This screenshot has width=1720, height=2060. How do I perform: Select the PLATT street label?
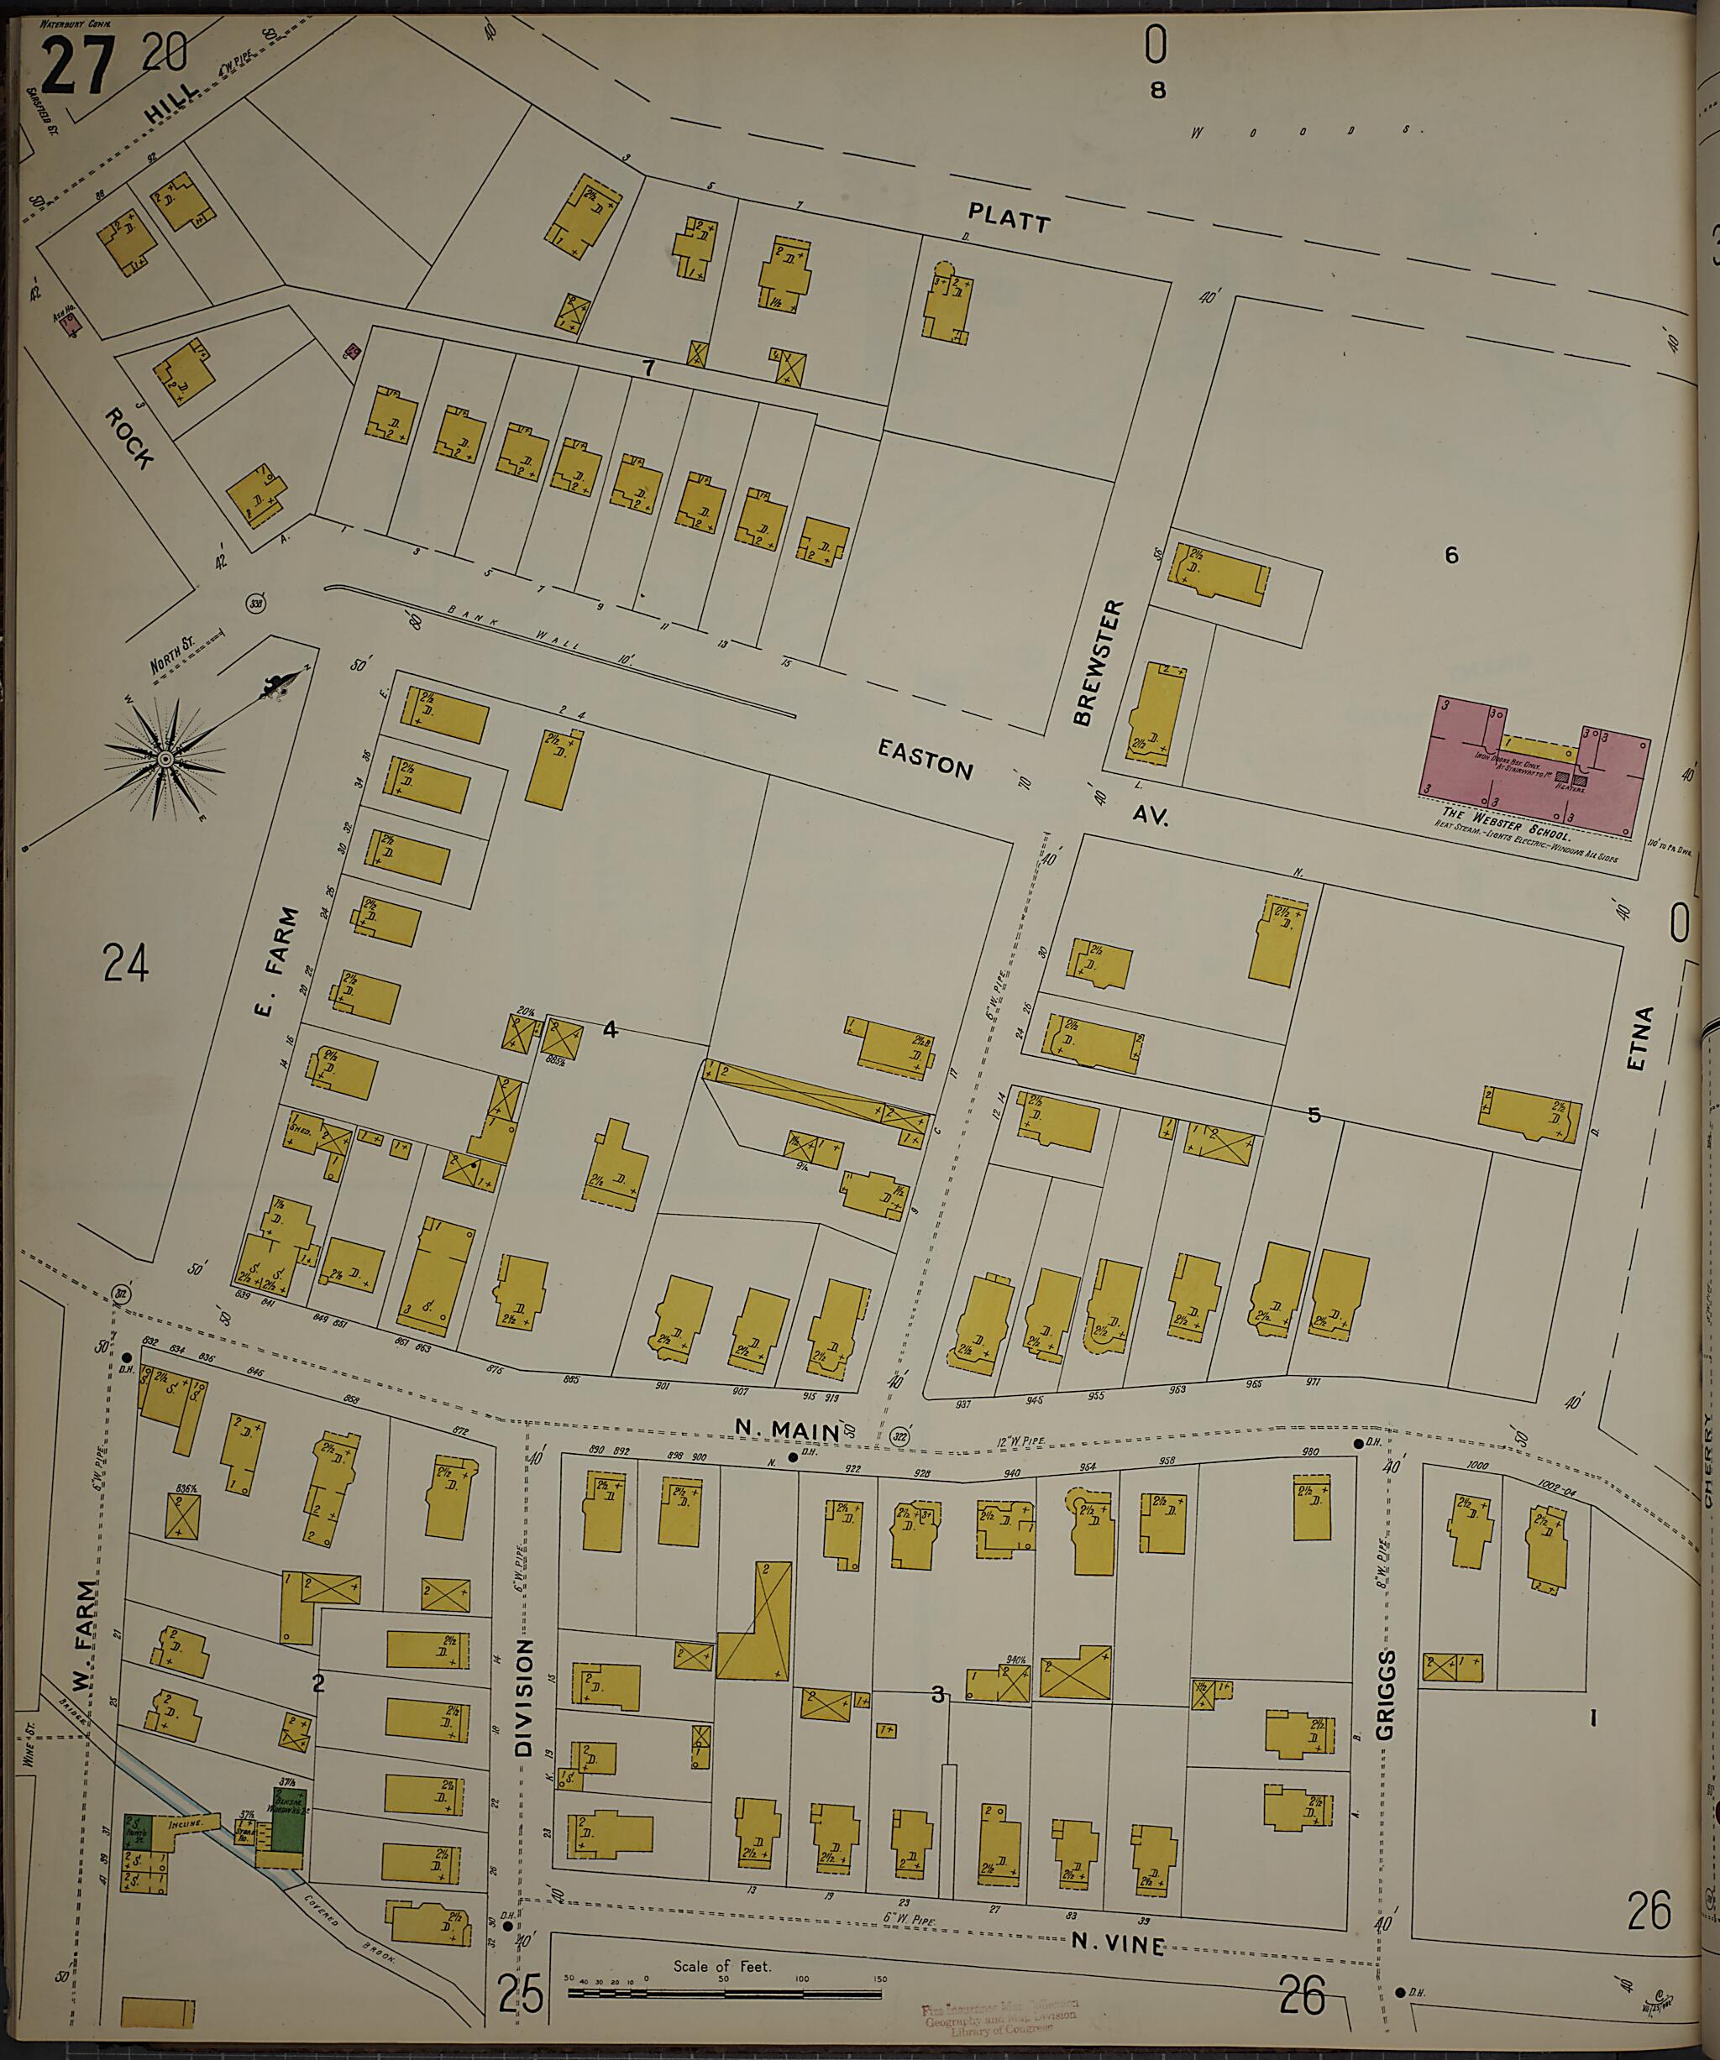(x=1009, y=217)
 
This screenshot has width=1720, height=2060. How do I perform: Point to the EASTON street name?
(x=926, y=759)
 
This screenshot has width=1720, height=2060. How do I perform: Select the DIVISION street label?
(x=524, y=1698)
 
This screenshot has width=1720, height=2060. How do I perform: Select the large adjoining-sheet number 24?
(x=126, y=962)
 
